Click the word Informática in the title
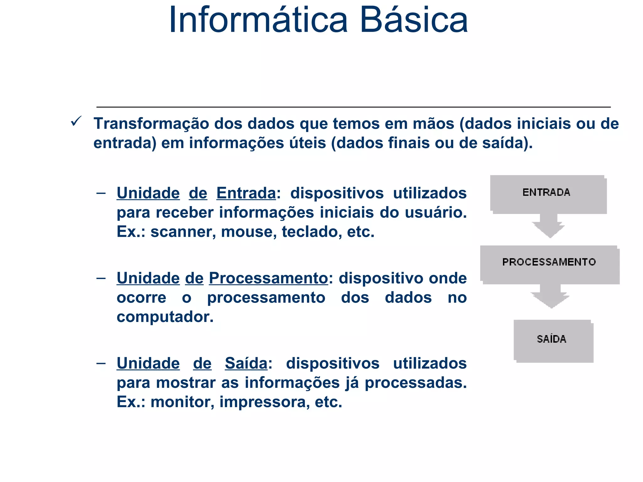258,20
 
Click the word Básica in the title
414,20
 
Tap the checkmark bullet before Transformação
76,121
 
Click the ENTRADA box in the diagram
548,194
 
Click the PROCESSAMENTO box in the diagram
549,264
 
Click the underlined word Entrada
246,193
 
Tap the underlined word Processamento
268,278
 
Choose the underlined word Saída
246,364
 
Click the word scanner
183,232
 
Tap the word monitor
182,402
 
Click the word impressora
262,402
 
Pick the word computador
165,317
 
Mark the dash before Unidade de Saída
101,363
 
